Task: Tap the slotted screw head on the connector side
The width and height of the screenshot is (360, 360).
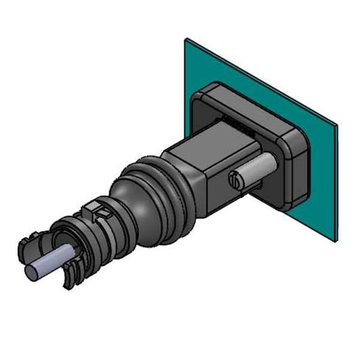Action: [236, 179]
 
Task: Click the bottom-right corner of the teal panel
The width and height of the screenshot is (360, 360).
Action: [334, 241]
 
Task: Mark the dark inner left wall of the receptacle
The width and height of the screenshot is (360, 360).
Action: [198, 120]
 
